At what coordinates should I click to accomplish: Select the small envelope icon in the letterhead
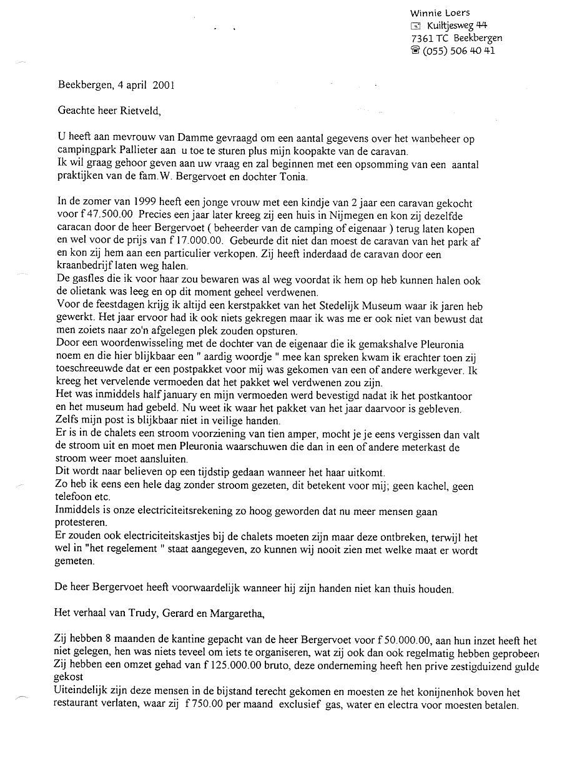tap(417, 26)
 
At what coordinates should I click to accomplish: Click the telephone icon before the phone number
tap(416, 51)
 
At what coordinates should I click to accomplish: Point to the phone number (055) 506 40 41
tap(459, 51)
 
